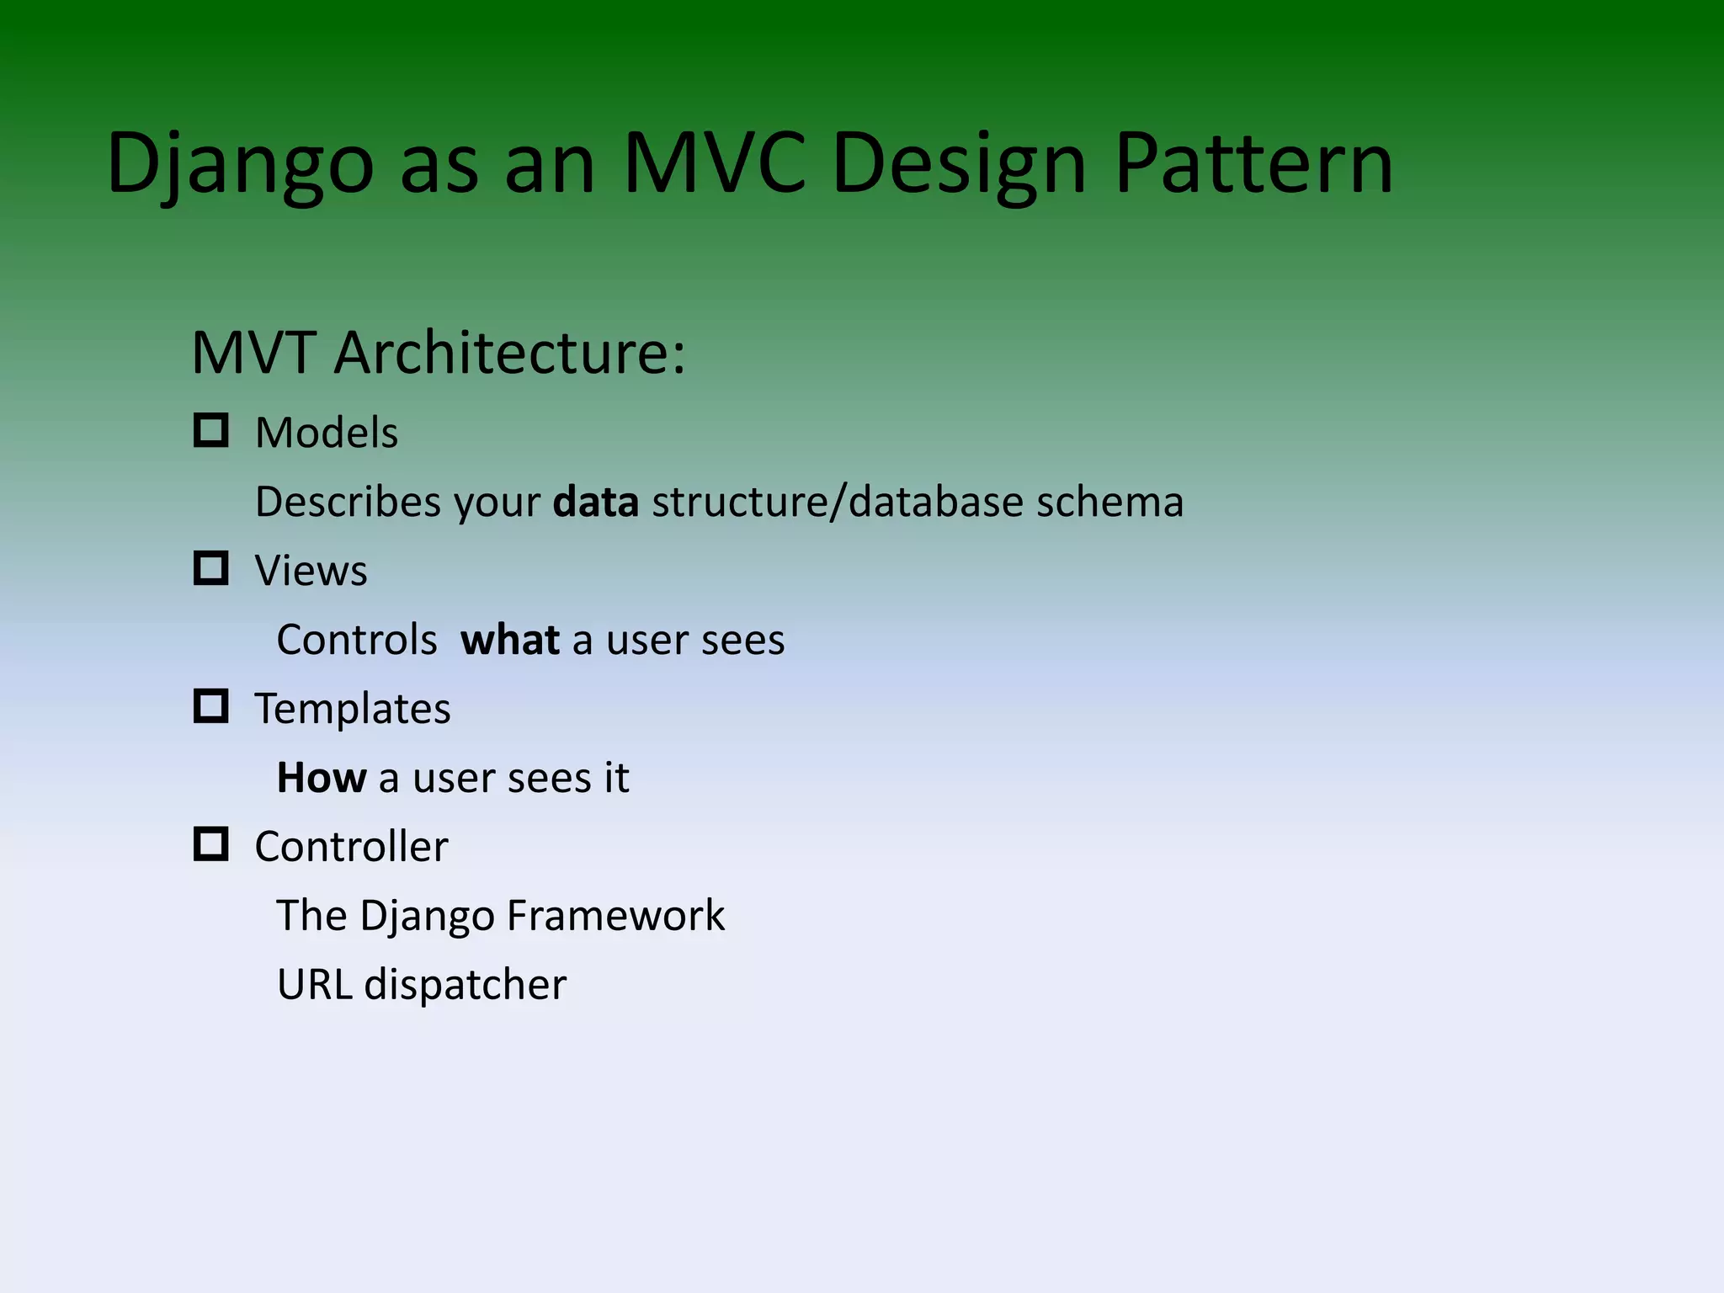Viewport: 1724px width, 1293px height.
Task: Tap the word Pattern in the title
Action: pyautogui.click(x=1253, y=164)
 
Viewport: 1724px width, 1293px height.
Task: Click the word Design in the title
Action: pyautogui.click(x=959, y=164)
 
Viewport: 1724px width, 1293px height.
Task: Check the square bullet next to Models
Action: pyautogui.click(x=210, y=430)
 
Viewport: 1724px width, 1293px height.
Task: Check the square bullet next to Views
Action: pyautogui.click(x=210, y=568)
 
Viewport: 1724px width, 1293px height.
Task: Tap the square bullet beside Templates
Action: pyautogui.click(x=210, y=706)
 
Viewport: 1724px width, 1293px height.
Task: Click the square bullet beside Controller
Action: pyautogui.click(x=210, y=843)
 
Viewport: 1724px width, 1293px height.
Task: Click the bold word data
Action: pyautogui.click(x=595, y=503)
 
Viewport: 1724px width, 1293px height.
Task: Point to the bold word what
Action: pyautogui.click(x=509, y=641)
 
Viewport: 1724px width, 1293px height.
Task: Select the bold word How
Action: pyautogui.click(x=322, y=778)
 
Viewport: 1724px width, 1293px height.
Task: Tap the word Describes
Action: pyautogui.click(x=348, y=503)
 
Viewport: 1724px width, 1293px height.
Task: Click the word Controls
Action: pyautogui.click(x=357, y=641)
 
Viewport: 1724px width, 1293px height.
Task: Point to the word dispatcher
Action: pyautogui.click(x=465, y=985)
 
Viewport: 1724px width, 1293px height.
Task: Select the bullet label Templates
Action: pyautogui.click(x=353, y=709)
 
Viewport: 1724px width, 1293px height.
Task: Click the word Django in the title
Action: pyautogui.click(x=239, y=164)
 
